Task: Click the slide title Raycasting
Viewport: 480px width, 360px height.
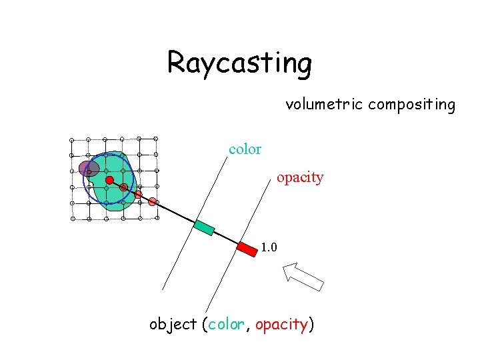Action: click(239, 63)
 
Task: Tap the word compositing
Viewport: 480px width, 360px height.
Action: click(411, 105)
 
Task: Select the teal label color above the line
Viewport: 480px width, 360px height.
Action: click(245, 149)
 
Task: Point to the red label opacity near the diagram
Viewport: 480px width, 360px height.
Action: click(300, 177)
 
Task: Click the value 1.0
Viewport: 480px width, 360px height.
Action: click(269, 248)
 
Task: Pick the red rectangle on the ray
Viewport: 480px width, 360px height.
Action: click(247, 249)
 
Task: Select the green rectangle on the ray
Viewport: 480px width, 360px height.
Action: click(204, 227)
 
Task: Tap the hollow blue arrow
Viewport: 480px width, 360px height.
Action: click(303, 276)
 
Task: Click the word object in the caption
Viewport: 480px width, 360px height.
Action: click(173, 325)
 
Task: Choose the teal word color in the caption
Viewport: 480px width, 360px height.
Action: click(226, 325)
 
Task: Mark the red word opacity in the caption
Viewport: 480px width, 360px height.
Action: click(281, 325)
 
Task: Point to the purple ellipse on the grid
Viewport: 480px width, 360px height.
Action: click(89, 168)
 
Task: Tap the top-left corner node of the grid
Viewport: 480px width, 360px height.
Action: click(72, 139)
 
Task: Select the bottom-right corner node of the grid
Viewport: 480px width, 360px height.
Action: click(156, 218)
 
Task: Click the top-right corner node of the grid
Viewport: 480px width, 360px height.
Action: click(156, 139)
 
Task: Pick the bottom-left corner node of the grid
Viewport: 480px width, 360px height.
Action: click(73, 219)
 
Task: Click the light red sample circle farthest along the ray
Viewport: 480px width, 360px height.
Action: click(153, 201)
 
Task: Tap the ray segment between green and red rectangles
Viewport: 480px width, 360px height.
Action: click(226, 238)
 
